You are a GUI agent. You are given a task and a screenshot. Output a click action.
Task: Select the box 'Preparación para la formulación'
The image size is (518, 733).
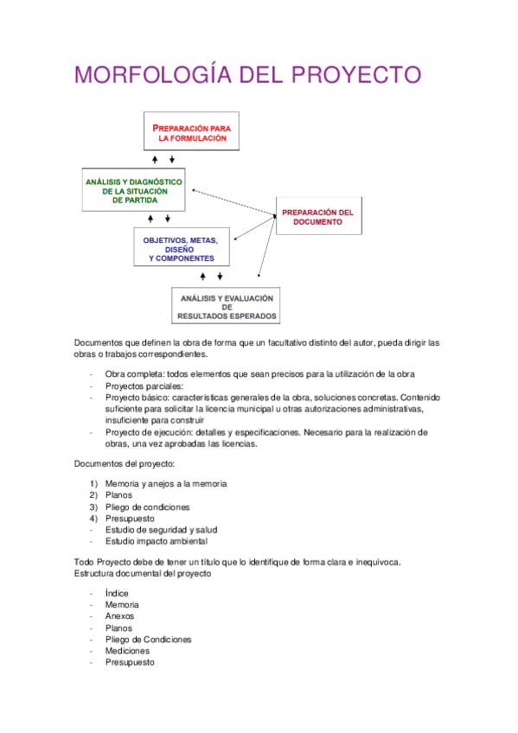click(191, 132)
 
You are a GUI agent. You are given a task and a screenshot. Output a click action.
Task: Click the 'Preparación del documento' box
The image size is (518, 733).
click(317, 217)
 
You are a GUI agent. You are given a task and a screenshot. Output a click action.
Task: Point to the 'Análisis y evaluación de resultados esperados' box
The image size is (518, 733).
click(227, 306)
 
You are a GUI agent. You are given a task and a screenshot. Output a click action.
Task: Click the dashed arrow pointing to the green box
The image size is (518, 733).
click(230, 202)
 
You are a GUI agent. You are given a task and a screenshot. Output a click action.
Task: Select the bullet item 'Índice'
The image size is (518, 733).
click(117, 593)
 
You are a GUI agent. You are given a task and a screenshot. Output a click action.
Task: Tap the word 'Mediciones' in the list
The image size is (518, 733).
click(128, 651)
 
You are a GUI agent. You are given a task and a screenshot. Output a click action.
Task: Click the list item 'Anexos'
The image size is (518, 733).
click(119, 616)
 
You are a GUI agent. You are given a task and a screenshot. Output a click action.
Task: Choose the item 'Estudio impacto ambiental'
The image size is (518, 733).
click(156, 541)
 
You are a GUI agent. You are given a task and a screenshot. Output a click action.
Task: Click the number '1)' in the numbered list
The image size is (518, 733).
click(93, 483)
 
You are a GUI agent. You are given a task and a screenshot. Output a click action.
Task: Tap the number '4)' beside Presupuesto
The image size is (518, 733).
click(93, 518)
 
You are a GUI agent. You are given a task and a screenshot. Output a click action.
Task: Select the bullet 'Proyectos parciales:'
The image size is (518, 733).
click(144, 386)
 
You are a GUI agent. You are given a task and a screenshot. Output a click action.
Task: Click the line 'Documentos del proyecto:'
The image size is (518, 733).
click(125, 463)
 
